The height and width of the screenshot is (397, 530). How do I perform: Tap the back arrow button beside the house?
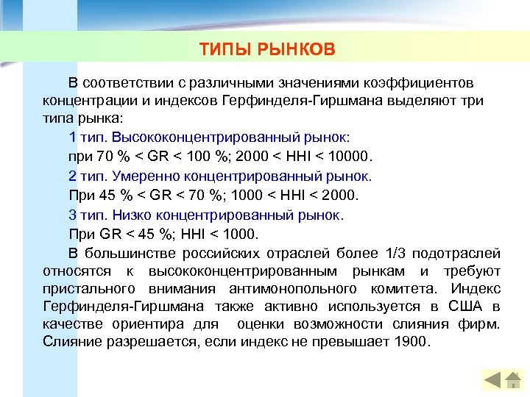492,379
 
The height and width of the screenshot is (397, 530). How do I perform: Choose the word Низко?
131,215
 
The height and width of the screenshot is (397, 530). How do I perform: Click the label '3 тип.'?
87,215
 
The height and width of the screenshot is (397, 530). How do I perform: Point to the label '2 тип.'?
87,176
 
